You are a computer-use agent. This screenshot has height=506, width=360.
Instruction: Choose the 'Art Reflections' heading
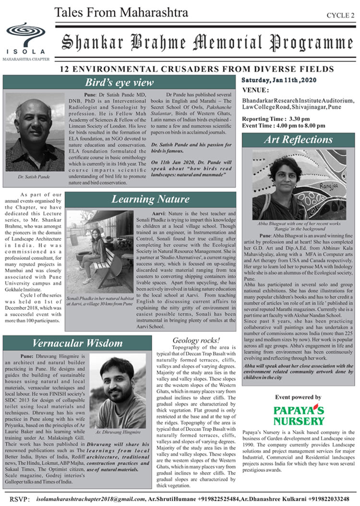coord(298,140)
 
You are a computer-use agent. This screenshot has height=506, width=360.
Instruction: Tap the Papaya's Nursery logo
coord(299,415)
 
